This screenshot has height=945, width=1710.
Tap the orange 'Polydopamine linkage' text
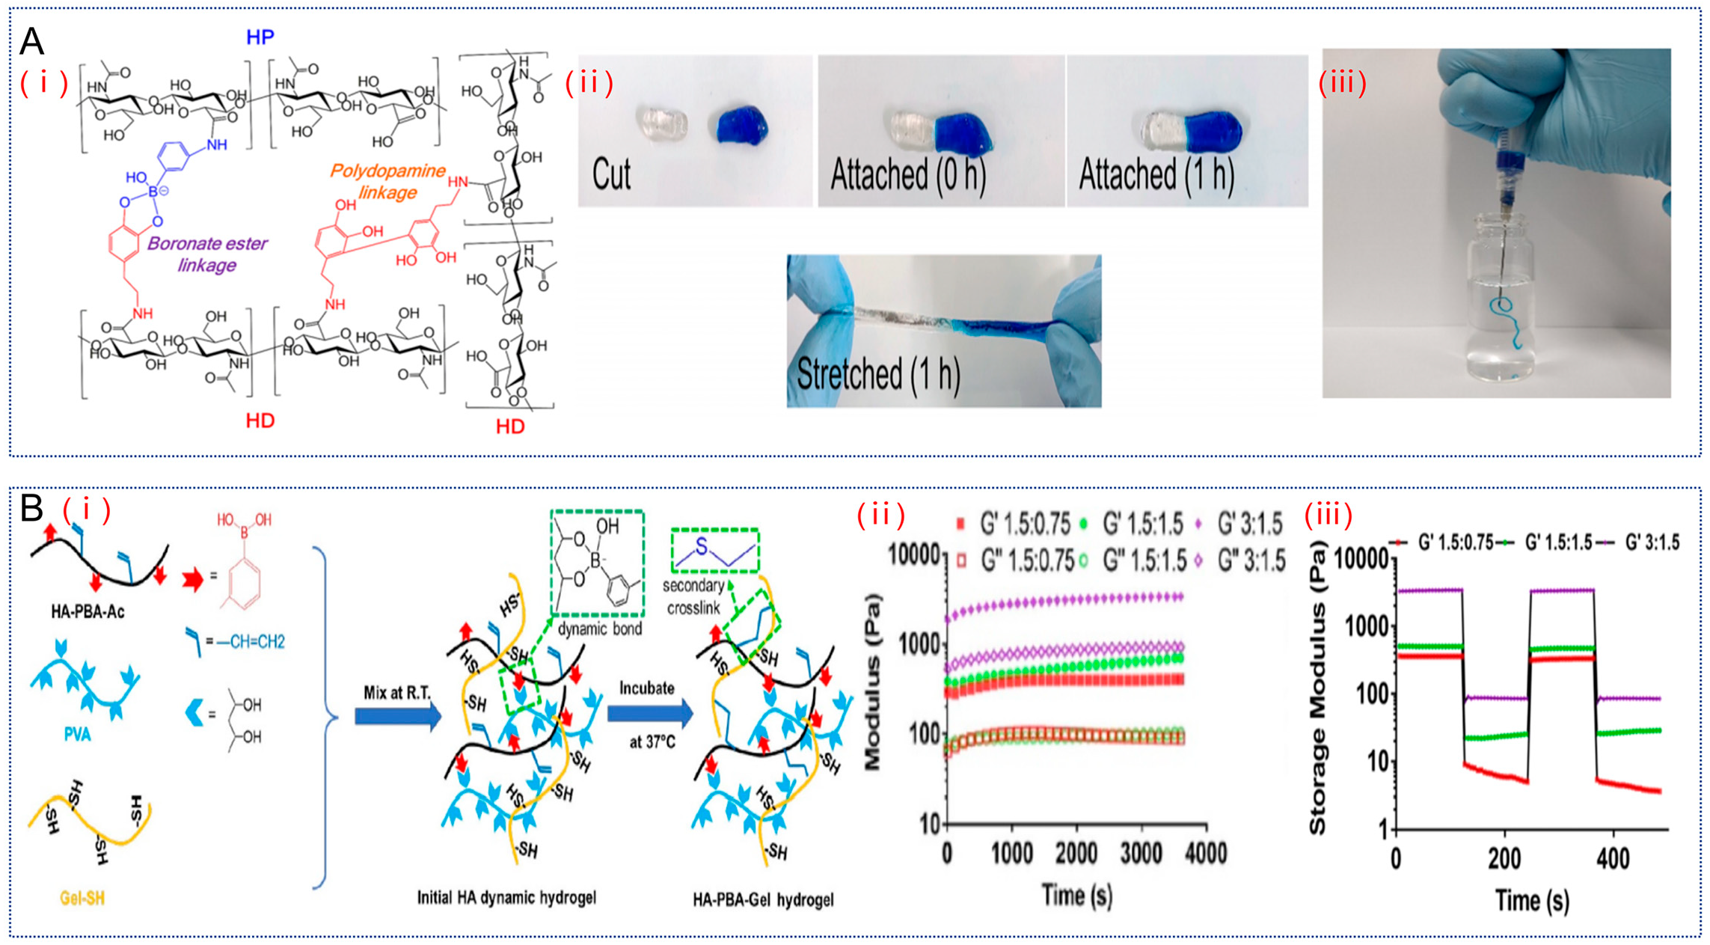[387, 181]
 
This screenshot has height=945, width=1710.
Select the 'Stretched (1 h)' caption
[878, 373]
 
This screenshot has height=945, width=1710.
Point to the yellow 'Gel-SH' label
[82, 898]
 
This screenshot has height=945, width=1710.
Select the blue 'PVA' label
[77, 734]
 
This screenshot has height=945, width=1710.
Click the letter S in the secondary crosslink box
[701, 547]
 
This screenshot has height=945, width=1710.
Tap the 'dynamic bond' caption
[600, 629]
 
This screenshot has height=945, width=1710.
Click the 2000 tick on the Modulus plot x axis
[1076, 854]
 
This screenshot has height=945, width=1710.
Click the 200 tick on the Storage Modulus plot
[1504, 859]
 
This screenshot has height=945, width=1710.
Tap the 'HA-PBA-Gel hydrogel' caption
[763, 899]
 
